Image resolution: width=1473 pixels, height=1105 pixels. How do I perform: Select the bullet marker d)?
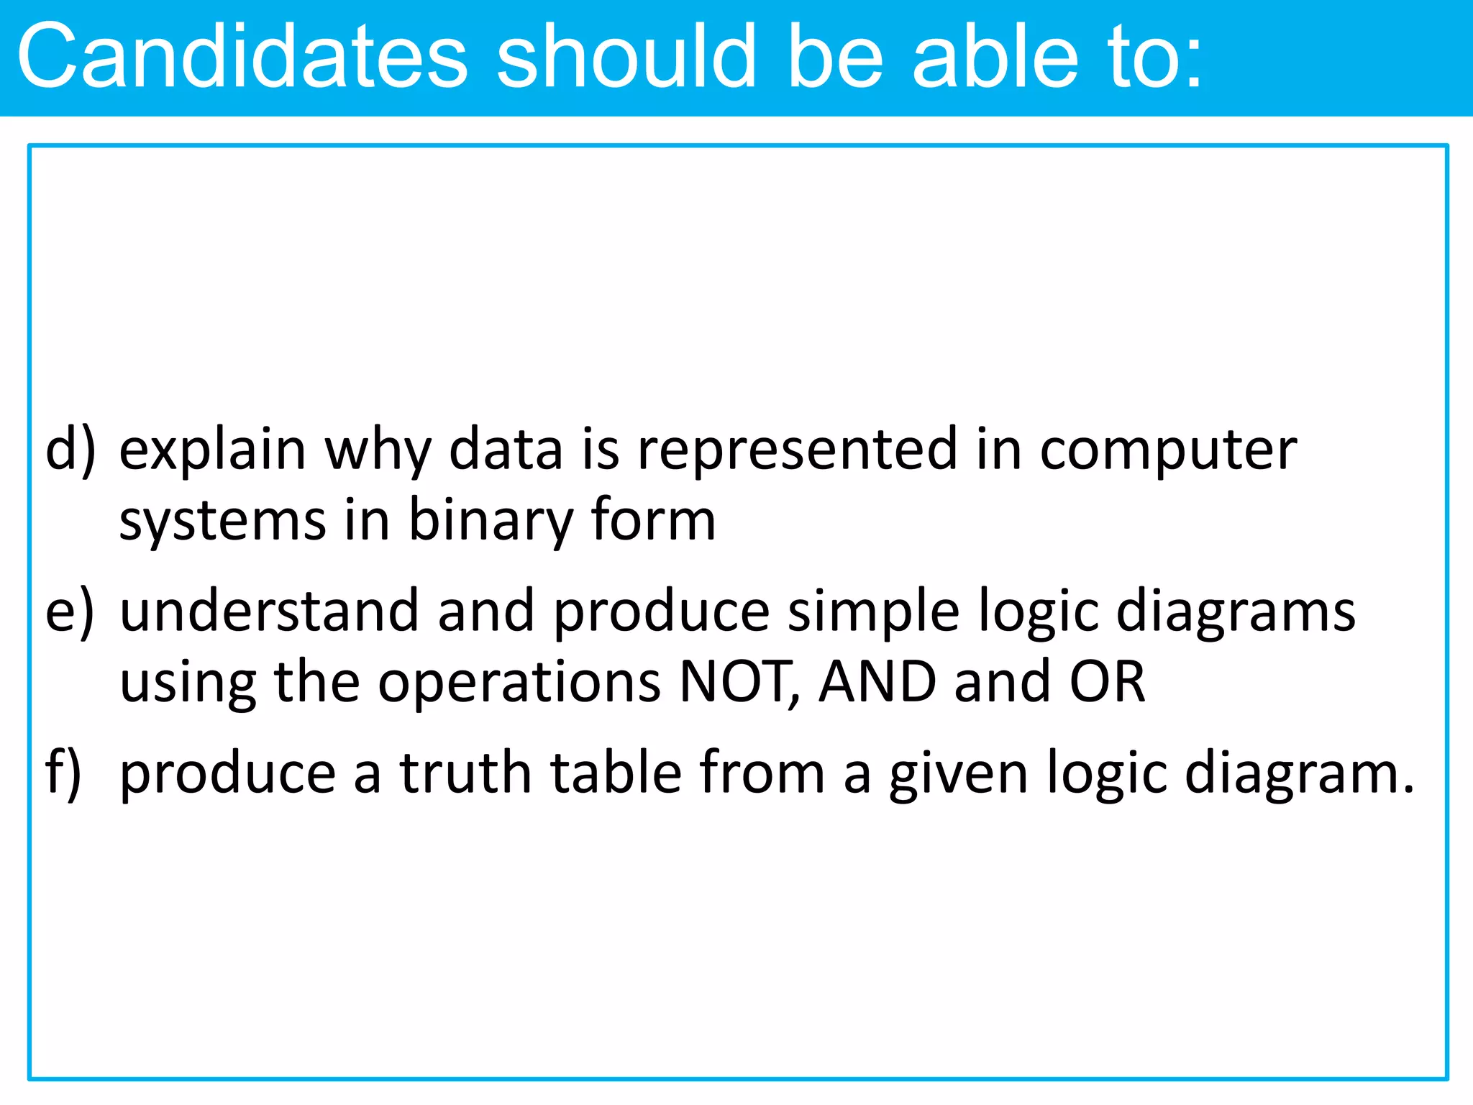70,450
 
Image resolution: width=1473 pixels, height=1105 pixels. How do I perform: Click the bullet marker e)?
70,612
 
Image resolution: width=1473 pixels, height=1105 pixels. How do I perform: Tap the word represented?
798,450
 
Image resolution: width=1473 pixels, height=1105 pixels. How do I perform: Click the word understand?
269,611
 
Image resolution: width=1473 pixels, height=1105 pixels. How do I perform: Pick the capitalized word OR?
1107,681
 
